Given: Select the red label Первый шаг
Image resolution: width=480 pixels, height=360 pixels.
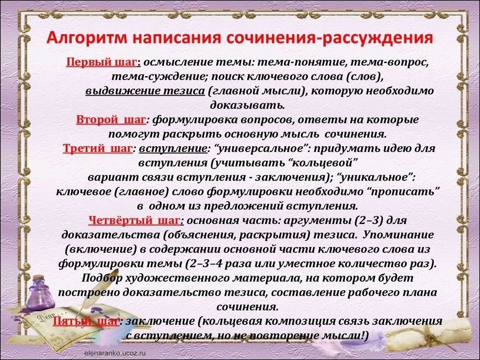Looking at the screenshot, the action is coord(101,62).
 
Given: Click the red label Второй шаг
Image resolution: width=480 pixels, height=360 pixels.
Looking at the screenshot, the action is coord(111,120).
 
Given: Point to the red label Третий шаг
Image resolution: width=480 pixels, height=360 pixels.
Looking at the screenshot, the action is coord(97,149).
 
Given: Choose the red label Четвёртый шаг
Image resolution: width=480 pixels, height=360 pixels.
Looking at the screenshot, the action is coord(134,220).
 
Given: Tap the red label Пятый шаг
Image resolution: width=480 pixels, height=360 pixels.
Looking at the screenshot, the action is coord(86,322).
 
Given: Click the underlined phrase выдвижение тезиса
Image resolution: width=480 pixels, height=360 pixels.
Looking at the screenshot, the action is coord(145,91).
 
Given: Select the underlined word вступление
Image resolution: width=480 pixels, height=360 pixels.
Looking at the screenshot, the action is coord(173,149).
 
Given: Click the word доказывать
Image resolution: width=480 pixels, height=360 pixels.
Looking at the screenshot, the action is coord(247,105).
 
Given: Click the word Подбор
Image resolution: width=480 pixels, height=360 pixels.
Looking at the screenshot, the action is coord(102,278).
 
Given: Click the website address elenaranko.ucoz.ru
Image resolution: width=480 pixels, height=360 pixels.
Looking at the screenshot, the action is coord(115,353).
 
